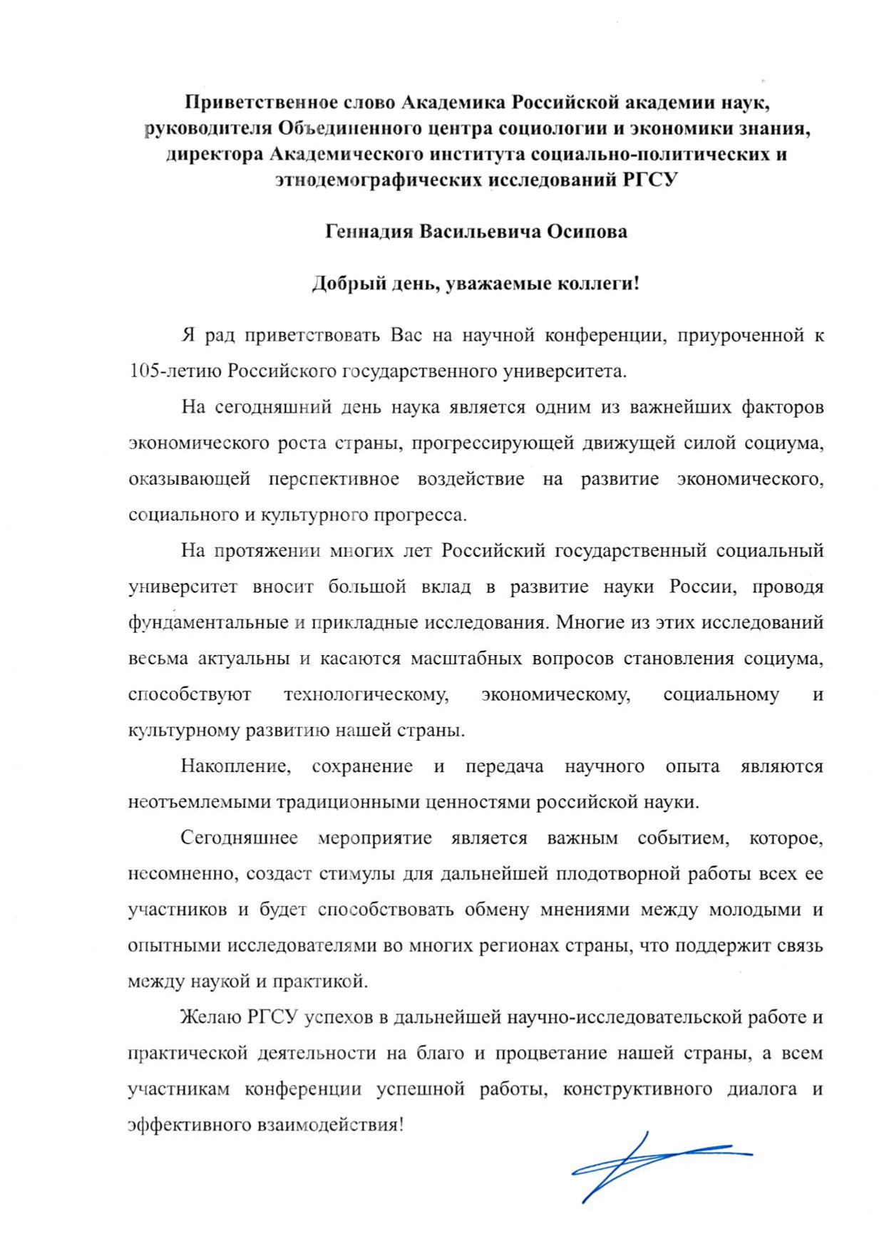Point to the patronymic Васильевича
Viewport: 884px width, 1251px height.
480,232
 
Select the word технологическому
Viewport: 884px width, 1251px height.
366,694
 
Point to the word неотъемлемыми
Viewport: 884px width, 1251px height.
194,802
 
